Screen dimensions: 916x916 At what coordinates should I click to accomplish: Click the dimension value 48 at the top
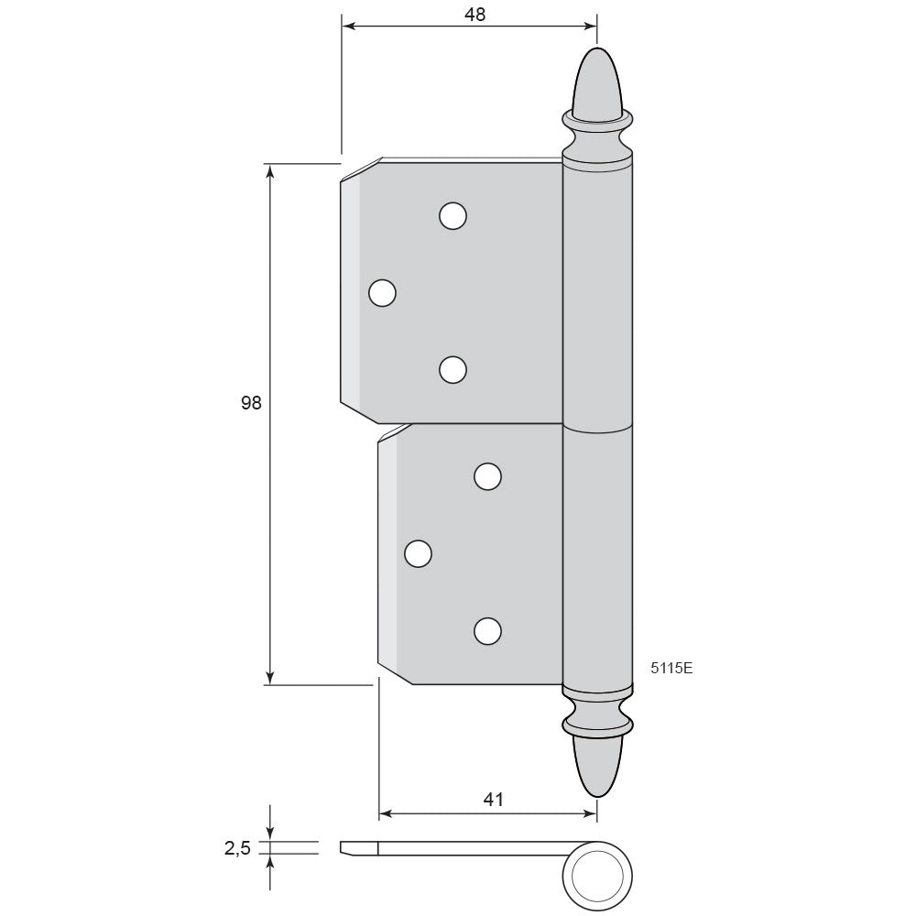[x=474, y=14]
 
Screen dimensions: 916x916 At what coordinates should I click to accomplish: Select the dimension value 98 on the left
[x=251, y=402]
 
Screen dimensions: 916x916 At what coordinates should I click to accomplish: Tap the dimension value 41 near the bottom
[x=494, y=799]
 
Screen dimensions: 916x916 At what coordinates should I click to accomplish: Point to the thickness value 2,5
[x=237, y=847]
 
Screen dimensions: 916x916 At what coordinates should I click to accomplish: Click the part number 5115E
[x=671, y=669]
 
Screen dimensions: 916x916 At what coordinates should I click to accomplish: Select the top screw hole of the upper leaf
[x=453, y=216]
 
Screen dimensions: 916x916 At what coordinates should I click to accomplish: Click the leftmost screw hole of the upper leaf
[x=383, y=293]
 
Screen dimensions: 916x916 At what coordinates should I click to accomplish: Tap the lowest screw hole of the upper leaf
[x=453, y=370]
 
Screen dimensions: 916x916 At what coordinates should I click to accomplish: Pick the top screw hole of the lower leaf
[x=488, y=476]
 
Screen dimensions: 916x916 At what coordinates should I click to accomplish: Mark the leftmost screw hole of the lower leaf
[x=418, y=554]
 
